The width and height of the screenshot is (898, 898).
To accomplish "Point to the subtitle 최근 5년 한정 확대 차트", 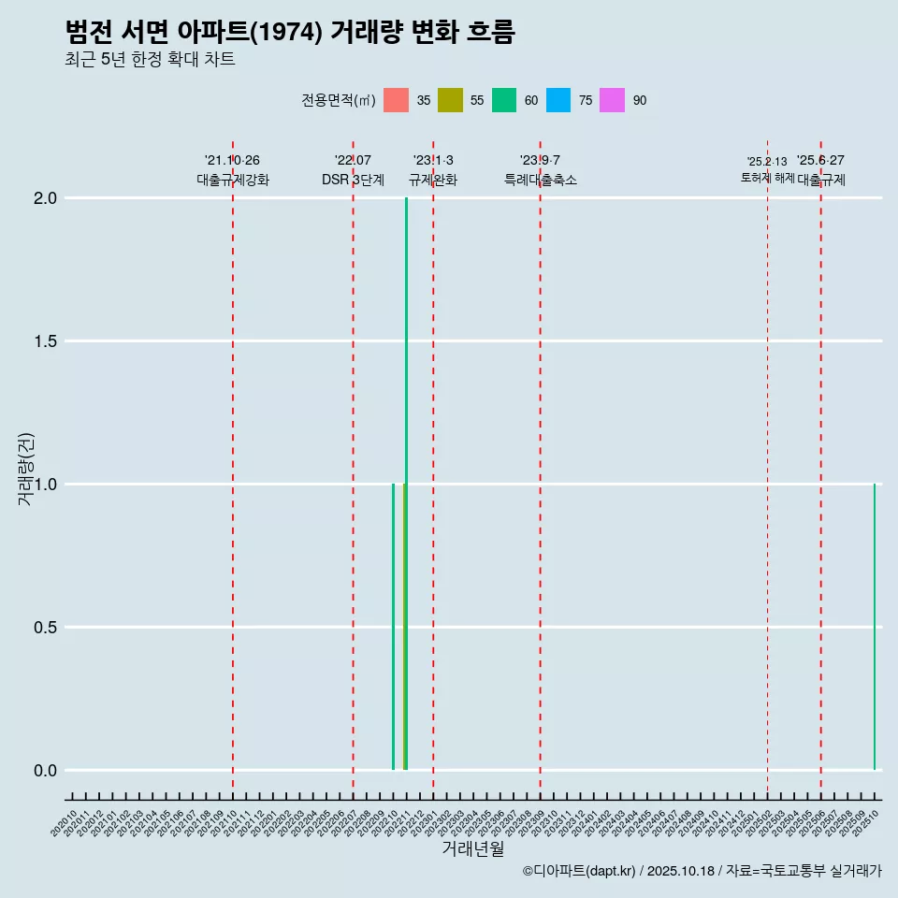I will pos(150,60).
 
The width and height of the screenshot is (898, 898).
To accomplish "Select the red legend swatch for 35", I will pos(397,100).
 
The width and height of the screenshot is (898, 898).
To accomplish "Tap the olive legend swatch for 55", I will pos(450,100).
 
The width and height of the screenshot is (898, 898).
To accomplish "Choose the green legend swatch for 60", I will pos(504,100).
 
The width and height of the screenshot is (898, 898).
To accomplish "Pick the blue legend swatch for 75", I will pos(558,100).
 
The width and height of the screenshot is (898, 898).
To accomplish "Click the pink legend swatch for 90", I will pos(612,100).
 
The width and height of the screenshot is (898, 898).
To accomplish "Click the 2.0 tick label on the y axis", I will pos(46,198).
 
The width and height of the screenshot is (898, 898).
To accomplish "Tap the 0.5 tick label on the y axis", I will pos(46,628).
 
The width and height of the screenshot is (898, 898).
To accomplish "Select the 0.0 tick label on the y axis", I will pos(46,771).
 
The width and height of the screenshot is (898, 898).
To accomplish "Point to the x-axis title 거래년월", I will pos(472,849).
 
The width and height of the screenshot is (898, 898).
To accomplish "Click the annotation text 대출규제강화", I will pos(233,180).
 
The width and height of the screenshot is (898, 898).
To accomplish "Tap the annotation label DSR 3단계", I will pos(353,180).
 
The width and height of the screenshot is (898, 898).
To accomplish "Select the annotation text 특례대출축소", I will pos(541,180).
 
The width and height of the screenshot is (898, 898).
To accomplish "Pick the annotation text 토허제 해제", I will pos(767,178).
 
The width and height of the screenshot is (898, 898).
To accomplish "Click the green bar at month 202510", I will pos(875,627).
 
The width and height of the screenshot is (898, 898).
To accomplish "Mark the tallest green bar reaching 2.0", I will pos(406,468).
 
